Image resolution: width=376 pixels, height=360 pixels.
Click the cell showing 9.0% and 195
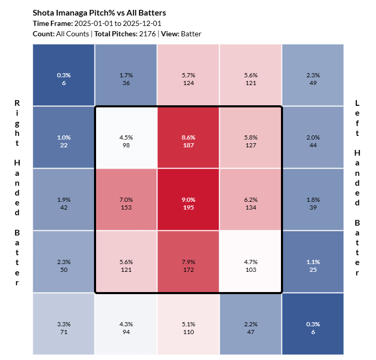tap(188, 199)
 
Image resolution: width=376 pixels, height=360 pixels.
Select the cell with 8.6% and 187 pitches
tap(188, 137)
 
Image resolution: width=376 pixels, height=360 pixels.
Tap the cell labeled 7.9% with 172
tap(188, 261)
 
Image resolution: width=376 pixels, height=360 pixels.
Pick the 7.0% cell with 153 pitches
tap(126, 199)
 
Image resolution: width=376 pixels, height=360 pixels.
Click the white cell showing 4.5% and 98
tap(126, 137)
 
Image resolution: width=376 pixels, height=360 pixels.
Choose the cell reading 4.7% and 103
tap(250, 261)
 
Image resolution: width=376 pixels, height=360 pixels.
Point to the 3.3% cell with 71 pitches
tap(63, 324)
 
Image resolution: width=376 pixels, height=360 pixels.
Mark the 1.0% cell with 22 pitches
tap(63, 137)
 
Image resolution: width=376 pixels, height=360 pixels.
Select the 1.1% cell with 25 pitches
tap(313, 261)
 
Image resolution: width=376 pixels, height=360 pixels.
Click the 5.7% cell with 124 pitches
tap(188, 75)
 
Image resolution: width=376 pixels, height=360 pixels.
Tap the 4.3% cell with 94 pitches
tap(126, 324)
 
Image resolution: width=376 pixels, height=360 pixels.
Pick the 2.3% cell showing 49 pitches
tap(313, 75)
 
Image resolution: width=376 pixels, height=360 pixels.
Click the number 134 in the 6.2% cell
tap(250, 203)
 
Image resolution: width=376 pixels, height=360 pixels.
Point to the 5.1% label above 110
tap(188, 320)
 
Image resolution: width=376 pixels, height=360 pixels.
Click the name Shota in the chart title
tap(43, 12)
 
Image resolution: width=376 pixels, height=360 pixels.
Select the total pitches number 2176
tap(147, 34)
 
